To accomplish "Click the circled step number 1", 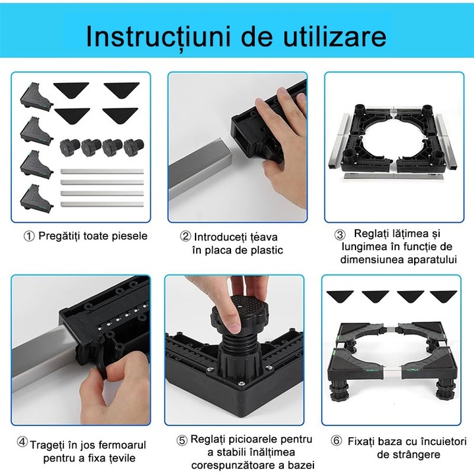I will pyautogui.click(x=29, y=236).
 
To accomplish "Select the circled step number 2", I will pyautogui.click(x=186, y=236).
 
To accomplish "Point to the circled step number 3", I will pyautogui.click(x=340, y=235).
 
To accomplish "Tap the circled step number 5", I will pyautogui.click(x=182, y=440).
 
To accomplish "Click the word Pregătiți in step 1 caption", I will pyautogui.click(x=61, y=236).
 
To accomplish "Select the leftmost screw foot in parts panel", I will pyautogui.click(x=68, y=146).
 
